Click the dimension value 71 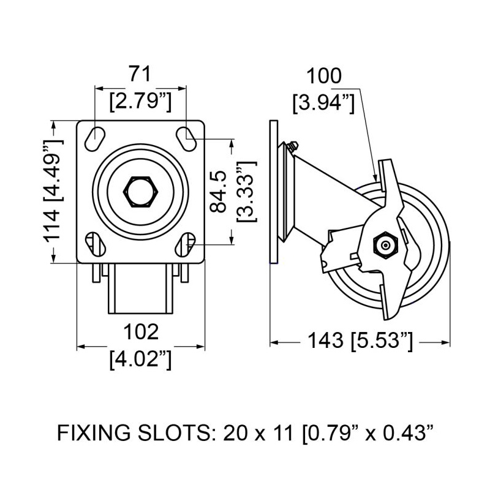tap(140, 75)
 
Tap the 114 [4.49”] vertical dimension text tap(54, 190)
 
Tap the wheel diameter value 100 tap(324, 76)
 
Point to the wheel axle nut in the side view tap(385, 246)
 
